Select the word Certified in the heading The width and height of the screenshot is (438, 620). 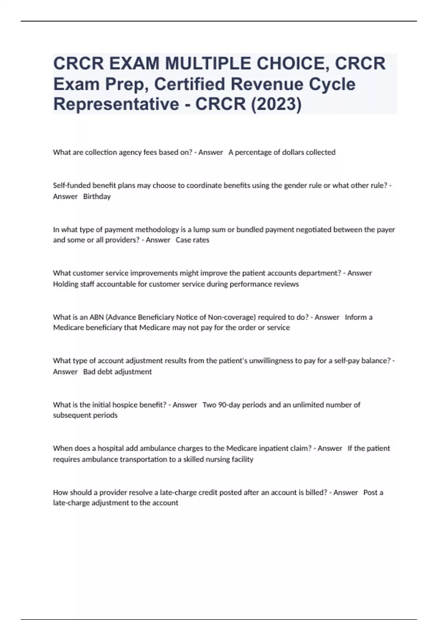[189, 84]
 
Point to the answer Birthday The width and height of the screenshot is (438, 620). [97, 197]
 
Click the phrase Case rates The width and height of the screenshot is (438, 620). [192, 240]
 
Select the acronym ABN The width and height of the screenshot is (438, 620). [96, 317]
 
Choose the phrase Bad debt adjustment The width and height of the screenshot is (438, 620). [117, 372]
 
